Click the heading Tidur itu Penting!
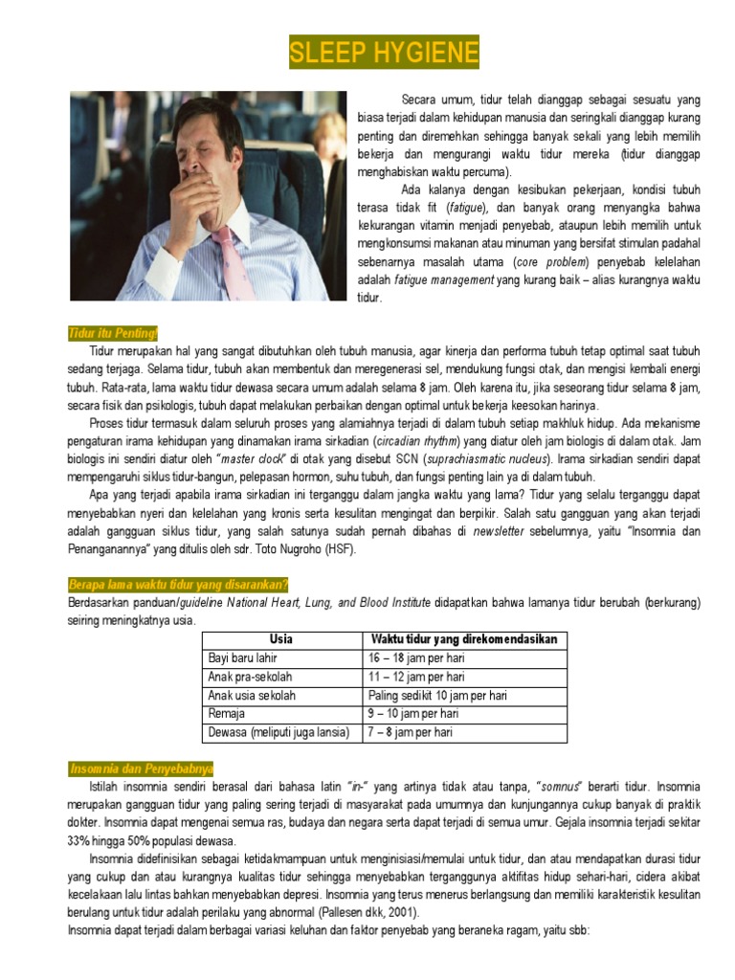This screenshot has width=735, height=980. [x=112, y=333]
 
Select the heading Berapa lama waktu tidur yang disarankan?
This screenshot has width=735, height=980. [x=178, y=585]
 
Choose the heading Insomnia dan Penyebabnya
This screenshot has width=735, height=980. [x=142, y=768]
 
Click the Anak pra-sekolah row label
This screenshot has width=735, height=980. [x=242, y=677]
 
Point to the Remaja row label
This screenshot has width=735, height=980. [x=227, y=714]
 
